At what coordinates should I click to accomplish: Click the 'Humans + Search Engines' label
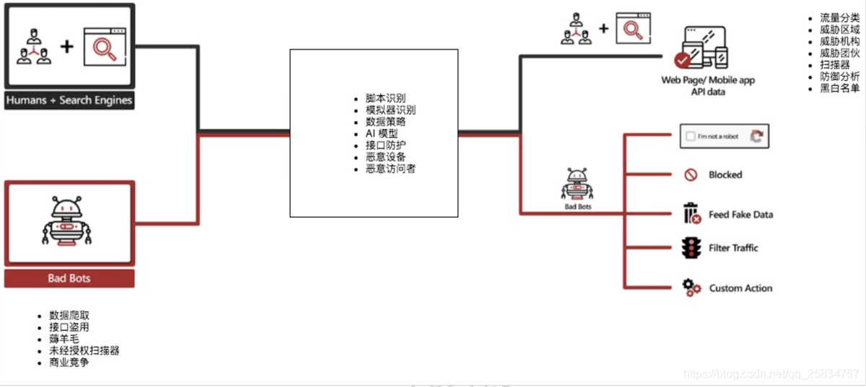pyautogui.click(x=69, y=100)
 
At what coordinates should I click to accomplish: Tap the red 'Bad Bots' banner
pyautogui.click(x=69, y=278)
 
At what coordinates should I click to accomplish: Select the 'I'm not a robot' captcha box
pyautogui.click(x=725, y=136)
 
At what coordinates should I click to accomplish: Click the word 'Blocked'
pyautogui.click(x=725, y=174)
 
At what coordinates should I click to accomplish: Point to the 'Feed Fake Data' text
pyautogui.click(x=740, y=215)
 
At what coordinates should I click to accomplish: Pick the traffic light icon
pyautogui.click(x=691, y=249)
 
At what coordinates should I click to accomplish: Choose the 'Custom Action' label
pyautogui.click(x=740, y=288)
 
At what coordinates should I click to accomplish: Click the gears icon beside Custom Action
pyautogui.click(x=691, y=288)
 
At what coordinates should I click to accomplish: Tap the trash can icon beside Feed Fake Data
pyautogui.click(x=691, y=214)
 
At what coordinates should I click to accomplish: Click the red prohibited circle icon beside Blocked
pyautogui.click(x=691, y=174)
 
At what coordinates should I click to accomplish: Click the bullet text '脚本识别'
pyautogui.click(x=385, y=98)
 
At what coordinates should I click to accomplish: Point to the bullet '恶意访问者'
pyautogui.click(x=390, y=169)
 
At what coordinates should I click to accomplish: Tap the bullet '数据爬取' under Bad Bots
pyautogui.click(x=69, y=316)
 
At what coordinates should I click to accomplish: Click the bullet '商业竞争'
pyautogui.click(x=69, y=362)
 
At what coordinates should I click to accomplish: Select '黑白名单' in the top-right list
pyautogui.click(x=840, y=88)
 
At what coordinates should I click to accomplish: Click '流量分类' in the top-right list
pyautogui.click(x=840, y=17)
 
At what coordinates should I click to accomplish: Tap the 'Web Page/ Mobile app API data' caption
pyautogui.click(x=708, y=86)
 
